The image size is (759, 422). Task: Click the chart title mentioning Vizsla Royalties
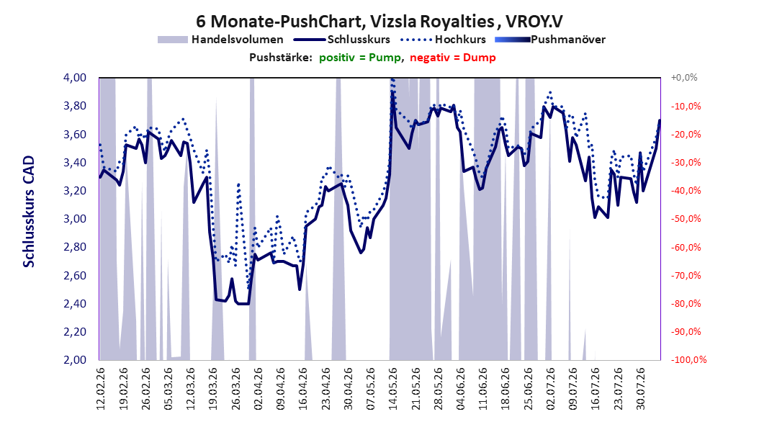(x=379, y=22)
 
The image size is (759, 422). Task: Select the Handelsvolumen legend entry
(x=221, y=40)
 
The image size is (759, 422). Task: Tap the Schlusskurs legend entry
(x=342, y=40)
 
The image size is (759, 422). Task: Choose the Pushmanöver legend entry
(x=550, y=40)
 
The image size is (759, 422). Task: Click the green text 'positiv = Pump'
(x=359, y=58)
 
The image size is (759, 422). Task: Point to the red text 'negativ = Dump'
(x=453, y=58)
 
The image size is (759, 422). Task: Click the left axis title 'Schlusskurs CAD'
(x=29, y=212)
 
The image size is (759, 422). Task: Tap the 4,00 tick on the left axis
(x=75, y=78)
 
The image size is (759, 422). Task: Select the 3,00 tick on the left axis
(x=75, y=219)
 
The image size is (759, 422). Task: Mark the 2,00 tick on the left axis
(x=75, y=359)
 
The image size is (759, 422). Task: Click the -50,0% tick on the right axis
(x=686, y=219)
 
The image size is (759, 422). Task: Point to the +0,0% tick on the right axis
(x=684, y=78)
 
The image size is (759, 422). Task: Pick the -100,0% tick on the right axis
(x=688, y=359)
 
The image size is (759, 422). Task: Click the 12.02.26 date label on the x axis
(x=101, y=389)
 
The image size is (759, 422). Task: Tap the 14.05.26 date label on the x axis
(x=393, y=389)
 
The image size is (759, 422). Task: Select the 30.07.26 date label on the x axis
(x=640, y=389)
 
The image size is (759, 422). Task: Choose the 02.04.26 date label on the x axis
(x=258, y=389)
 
